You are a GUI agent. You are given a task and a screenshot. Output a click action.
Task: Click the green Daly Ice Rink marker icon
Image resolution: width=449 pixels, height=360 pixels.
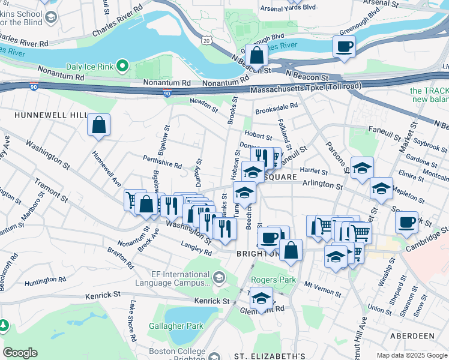(123, 64)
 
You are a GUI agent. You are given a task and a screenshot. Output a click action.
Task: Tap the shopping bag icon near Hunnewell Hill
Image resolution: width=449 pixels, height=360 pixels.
(99, 125)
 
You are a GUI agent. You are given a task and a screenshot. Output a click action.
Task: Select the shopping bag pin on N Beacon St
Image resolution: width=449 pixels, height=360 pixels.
(257, 55)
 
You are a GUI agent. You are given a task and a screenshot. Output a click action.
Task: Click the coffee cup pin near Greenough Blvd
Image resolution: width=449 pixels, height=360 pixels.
(345, 47)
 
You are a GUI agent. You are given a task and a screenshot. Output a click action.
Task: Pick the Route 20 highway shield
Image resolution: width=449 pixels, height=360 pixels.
(206, 40)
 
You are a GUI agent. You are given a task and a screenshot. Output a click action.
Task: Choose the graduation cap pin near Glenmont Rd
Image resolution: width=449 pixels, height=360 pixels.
(261, 298)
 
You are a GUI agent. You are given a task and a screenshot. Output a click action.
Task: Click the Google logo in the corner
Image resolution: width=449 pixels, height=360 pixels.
(20, 353)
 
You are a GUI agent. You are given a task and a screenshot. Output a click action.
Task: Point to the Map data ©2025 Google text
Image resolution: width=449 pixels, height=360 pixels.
(411, 355)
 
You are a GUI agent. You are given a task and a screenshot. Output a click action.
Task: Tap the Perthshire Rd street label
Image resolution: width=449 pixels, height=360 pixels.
(162, 163)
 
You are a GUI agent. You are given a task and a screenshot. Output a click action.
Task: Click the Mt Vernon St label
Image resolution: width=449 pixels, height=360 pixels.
(322, 289)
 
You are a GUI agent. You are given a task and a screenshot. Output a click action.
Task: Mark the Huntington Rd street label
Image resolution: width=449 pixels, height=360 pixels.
(45, 279)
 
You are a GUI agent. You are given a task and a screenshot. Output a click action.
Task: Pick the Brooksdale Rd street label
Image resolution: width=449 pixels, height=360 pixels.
(276, 108)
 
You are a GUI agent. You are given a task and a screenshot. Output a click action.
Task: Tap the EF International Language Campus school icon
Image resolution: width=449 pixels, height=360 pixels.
(219, 277)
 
